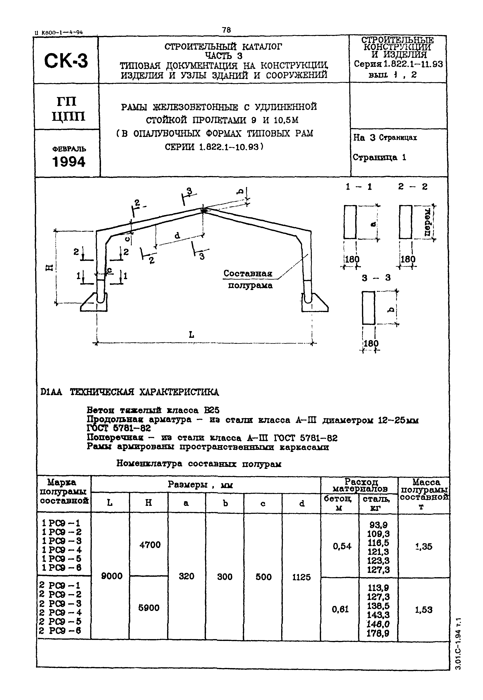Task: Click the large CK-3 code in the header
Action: point(66,60)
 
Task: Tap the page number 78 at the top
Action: point(226,30)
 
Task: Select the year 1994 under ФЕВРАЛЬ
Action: point(69,162)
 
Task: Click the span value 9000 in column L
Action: point(112,576)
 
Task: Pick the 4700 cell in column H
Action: point(150,545)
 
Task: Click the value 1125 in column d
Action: point(301,577)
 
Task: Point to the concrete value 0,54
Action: point(342,546)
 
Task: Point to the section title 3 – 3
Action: point(376,278)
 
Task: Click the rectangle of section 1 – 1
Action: point(350,222)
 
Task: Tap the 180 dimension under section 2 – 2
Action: point(408,259)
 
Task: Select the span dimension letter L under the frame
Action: point(191,335)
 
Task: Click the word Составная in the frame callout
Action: point(248,273)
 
